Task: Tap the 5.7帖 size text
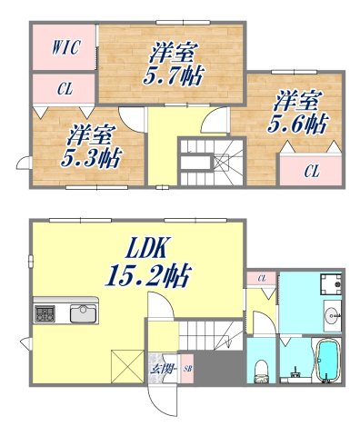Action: click(x=173, y=76)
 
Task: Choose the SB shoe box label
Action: click(x=188, y=370)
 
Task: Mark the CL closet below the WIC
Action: click(x=65, y=89)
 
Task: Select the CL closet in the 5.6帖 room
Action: click(x=311, y=170)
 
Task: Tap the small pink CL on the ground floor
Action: click(x=262, y=278)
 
